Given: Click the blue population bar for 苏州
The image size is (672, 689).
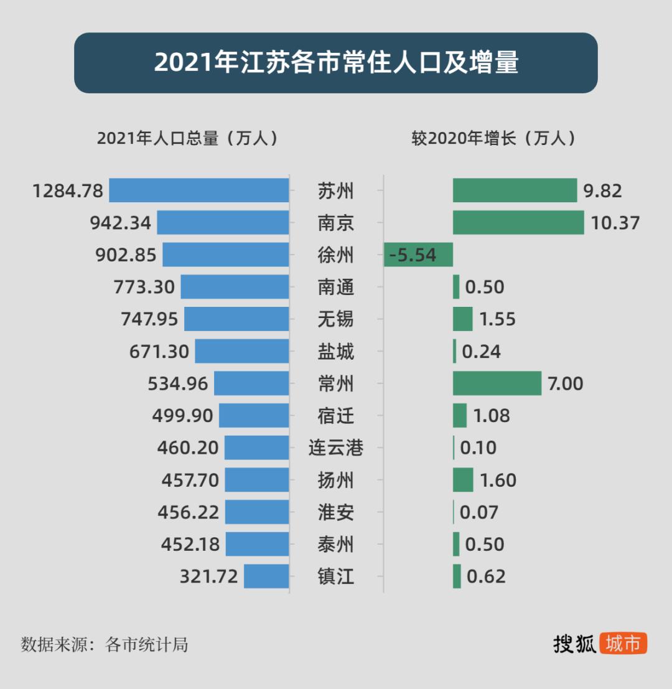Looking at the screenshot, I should pyautogui.click(x=199, y=190).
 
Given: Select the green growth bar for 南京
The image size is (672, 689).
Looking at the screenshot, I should pyautogui.click(x=518, y=223).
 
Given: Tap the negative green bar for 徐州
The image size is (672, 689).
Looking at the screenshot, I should pyautogui.click(x=418, y=255).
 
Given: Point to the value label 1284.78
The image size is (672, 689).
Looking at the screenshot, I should pyautogui.click(x=68, y=191).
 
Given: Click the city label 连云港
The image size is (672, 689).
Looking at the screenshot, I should pyautogui.click(x=336, y=448).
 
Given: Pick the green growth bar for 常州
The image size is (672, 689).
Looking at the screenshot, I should pyautogui.click(x=497, y=383).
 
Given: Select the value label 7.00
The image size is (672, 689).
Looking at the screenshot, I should pyautogui.click(x=565, y=384).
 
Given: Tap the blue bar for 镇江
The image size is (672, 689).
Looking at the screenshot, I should pyautogui.click(x=266, y=576).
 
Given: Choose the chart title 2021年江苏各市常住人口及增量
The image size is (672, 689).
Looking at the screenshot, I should pyautogui.click(x=336, y=63).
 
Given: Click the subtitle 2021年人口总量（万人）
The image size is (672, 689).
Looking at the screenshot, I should pyautogui.click(x=187, y=138).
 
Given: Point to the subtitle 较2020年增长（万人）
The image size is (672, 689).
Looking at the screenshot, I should pyautogui.click(x=493, y=138).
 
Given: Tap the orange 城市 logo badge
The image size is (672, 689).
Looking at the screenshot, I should pyautogui.click(x=623, y=644).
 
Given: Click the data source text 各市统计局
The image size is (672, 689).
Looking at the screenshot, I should pyautogui.click(x=147, y=644).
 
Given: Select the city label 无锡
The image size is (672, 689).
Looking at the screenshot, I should pyautogui.click(x=336, y=319).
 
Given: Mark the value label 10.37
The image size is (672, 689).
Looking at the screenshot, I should pyautogui.click(x=615, y=223).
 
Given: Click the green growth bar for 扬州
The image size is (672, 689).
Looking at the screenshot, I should pyautogui.click(x=463, y=480).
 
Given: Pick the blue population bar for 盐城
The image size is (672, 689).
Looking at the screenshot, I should pyautogui.click(x=242, y=351).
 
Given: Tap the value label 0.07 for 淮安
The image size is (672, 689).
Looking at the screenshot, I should pyautogui.click(x=479, y=513).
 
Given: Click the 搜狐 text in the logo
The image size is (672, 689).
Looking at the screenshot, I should pyautogui.click(x=575, y=644).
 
